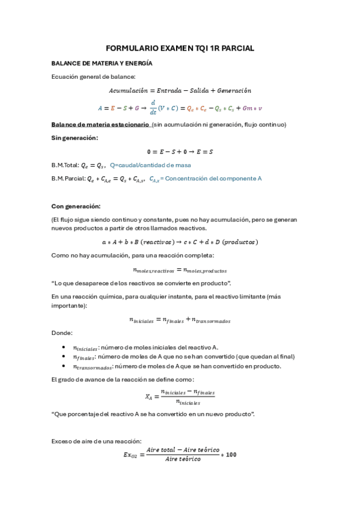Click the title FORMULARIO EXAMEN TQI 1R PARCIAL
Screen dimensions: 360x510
click(x=180, y=48)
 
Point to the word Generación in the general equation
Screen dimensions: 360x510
click(x=231, y=91)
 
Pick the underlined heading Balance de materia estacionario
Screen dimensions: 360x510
click(x=100, y=124)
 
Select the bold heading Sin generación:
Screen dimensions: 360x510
click(x=75, y=138)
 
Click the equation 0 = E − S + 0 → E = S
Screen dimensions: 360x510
click(x=180, y=152)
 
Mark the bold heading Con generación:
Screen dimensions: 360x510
click(x=76, y=206)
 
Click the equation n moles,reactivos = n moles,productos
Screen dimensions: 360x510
click(x=179, y=270)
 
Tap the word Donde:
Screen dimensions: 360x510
click(x=62, y=333)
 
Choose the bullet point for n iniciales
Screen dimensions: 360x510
click(x=64, y=347)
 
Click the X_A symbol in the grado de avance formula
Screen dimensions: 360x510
click(x=150, y=396)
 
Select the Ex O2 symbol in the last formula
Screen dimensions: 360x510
click(x=131, y=455)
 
